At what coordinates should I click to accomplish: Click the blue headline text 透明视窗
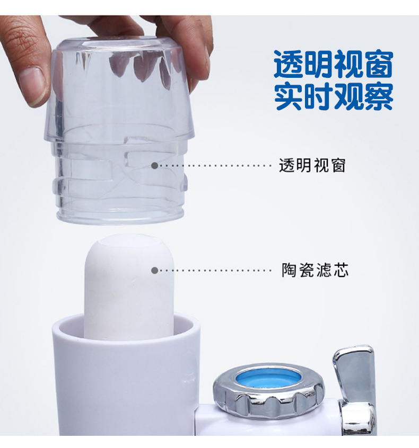coord(333,65)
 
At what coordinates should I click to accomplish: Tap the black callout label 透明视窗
coord(312,166)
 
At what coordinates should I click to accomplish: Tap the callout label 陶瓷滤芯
coord(315,271)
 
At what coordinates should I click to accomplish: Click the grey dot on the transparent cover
coord(155,165)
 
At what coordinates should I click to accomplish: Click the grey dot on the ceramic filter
coord(155,270)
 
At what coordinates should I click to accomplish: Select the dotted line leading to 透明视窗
coord(215,165)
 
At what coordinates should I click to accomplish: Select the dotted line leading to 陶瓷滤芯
coord(215,270)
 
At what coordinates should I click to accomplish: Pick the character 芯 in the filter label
coord(341,271)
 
